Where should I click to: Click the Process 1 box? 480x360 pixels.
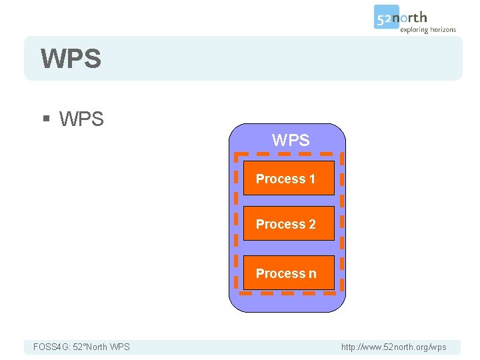pos(288,178)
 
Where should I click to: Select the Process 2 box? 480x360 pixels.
pos(288,224)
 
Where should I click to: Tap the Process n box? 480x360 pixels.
pos(288,273)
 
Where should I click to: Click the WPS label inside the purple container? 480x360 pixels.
pos(291,141)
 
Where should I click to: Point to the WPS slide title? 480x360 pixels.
pos(71,59)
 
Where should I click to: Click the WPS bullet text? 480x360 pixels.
pos(81,119)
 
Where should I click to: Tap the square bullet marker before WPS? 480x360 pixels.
pos(46,120)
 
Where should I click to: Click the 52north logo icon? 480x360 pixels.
pos(387,18)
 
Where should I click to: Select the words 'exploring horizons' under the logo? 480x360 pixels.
pos(428,29)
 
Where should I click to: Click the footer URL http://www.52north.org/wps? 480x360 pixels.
pos(393,347)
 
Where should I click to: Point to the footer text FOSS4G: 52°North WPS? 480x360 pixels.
pos(81,347)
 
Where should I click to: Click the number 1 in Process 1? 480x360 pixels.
pos(311,179)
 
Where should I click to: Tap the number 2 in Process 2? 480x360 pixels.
pos(312,225)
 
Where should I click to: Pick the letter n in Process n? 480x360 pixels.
pos(312,273)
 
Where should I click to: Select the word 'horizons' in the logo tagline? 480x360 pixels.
pos(441,29)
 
